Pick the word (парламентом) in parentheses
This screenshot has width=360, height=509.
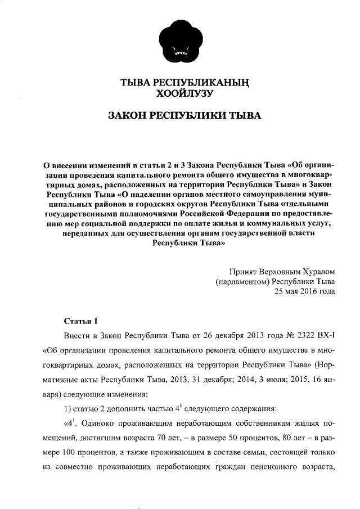coord(241,281)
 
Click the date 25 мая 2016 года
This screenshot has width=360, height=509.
coord(304,291)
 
